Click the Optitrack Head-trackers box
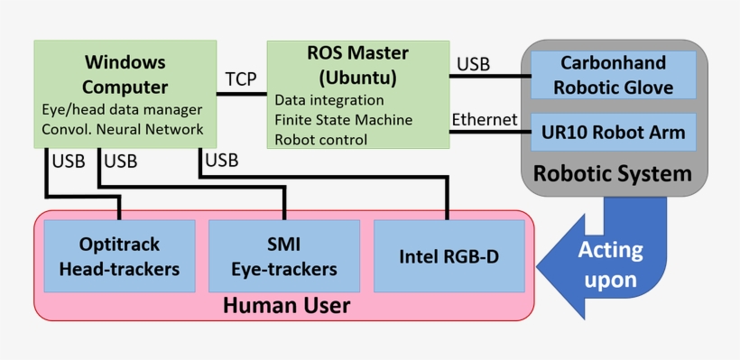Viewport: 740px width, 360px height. [119, 256]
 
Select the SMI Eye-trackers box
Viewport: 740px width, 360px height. [284, 256]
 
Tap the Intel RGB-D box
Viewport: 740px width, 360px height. [449, 256]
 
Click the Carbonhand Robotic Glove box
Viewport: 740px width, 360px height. [613, 75]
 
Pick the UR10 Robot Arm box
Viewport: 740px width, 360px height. [613, 134]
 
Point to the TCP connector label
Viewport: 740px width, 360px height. [241, 78]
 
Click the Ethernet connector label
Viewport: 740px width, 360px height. [485, 119]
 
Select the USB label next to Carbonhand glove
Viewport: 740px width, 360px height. [473, 64]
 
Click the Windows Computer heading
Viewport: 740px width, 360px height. [125, 75]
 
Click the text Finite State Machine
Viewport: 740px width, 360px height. [343, 120]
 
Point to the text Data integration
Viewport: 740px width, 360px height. [328, 100]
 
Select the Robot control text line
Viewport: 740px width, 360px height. [320, 140]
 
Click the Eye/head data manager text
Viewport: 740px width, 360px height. [122, 109]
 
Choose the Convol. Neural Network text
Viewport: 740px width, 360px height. [123, 129]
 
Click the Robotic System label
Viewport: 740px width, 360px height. [613, 173]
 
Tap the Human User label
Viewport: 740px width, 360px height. [285, 307]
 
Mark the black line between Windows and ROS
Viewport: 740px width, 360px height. [241, 95]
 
